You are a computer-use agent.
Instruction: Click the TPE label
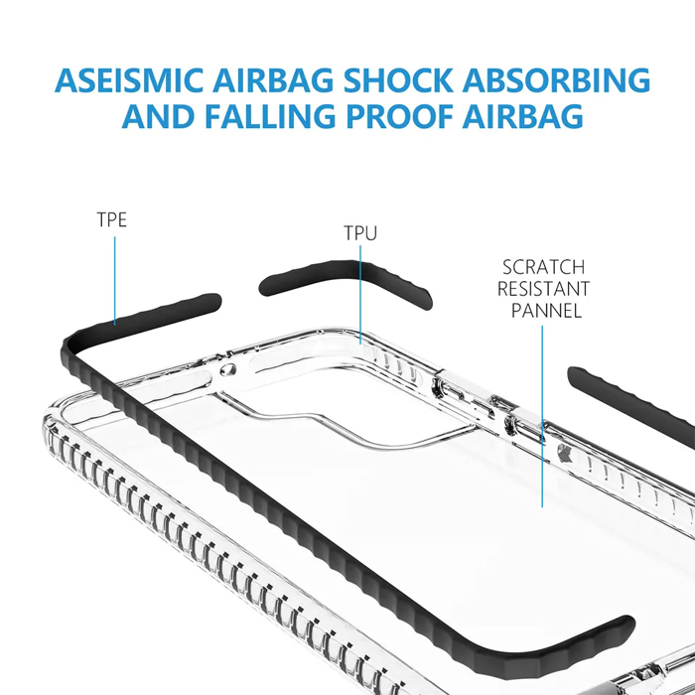[112, 219]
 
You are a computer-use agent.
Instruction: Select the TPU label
[360, 234]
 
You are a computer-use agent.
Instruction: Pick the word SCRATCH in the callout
[543, 267]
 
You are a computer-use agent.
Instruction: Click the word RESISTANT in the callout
[543, 289]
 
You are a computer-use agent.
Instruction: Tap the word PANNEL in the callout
[546, 311]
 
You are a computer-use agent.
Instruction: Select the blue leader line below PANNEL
[542, 417]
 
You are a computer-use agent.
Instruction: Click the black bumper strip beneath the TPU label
[347, 273]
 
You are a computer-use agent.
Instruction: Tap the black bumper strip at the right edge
[635, 397]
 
